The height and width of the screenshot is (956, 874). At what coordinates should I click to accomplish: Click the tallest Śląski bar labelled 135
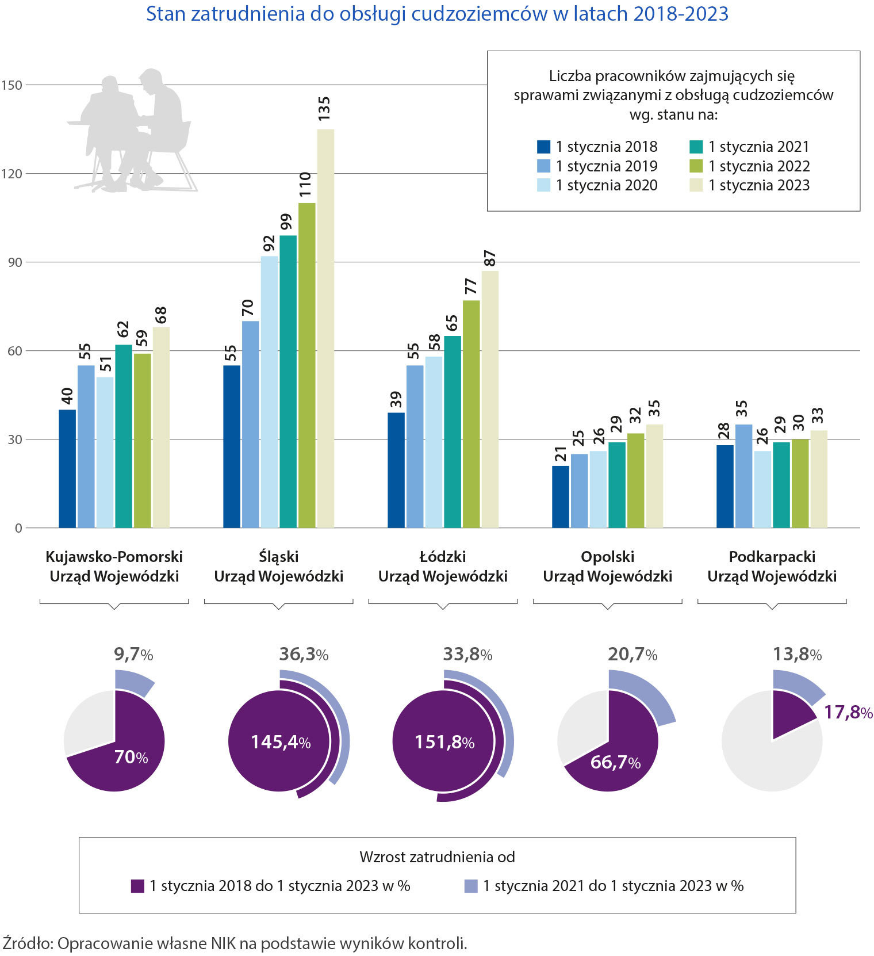click(325, 328)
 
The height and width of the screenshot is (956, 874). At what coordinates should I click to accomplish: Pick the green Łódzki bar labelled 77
click(471, 414)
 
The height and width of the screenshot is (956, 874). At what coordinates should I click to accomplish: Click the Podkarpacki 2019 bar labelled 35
click(743, 476)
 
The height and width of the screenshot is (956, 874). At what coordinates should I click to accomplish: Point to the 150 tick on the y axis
click(11, 85)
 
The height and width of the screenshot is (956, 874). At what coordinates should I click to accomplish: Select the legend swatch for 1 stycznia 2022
click(696, 166)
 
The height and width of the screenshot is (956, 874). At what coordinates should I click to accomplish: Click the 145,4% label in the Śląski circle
click(281, 742)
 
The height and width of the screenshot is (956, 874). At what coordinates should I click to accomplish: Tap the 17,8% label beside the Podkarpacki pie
click(848, 713)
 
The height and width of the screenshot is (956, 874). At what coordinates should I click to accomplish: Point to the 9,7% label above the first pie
click(133, 654)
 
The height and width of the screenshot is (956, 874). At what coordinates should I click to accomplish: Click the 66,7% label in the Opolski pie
click(615, 762)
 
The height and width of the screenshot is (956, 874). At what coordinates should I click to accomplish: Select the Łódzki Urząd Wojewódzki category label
click(443, 567)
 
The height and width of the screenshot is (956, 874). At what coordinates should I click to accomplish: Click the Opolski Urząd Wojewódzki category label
click(607, 567)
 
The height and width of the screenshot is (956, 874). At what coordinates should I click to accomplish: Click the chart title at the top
click(437, 14)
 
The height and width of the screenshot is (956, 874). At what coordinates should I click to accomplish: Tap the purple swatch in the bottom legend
click(137, 886)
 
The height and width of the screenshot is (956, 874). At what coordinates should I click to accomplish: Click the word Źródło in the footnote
click(28, 943)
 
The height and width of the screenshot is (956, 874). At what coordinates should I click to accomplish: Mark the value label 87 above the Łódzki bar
click(490, 258)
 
